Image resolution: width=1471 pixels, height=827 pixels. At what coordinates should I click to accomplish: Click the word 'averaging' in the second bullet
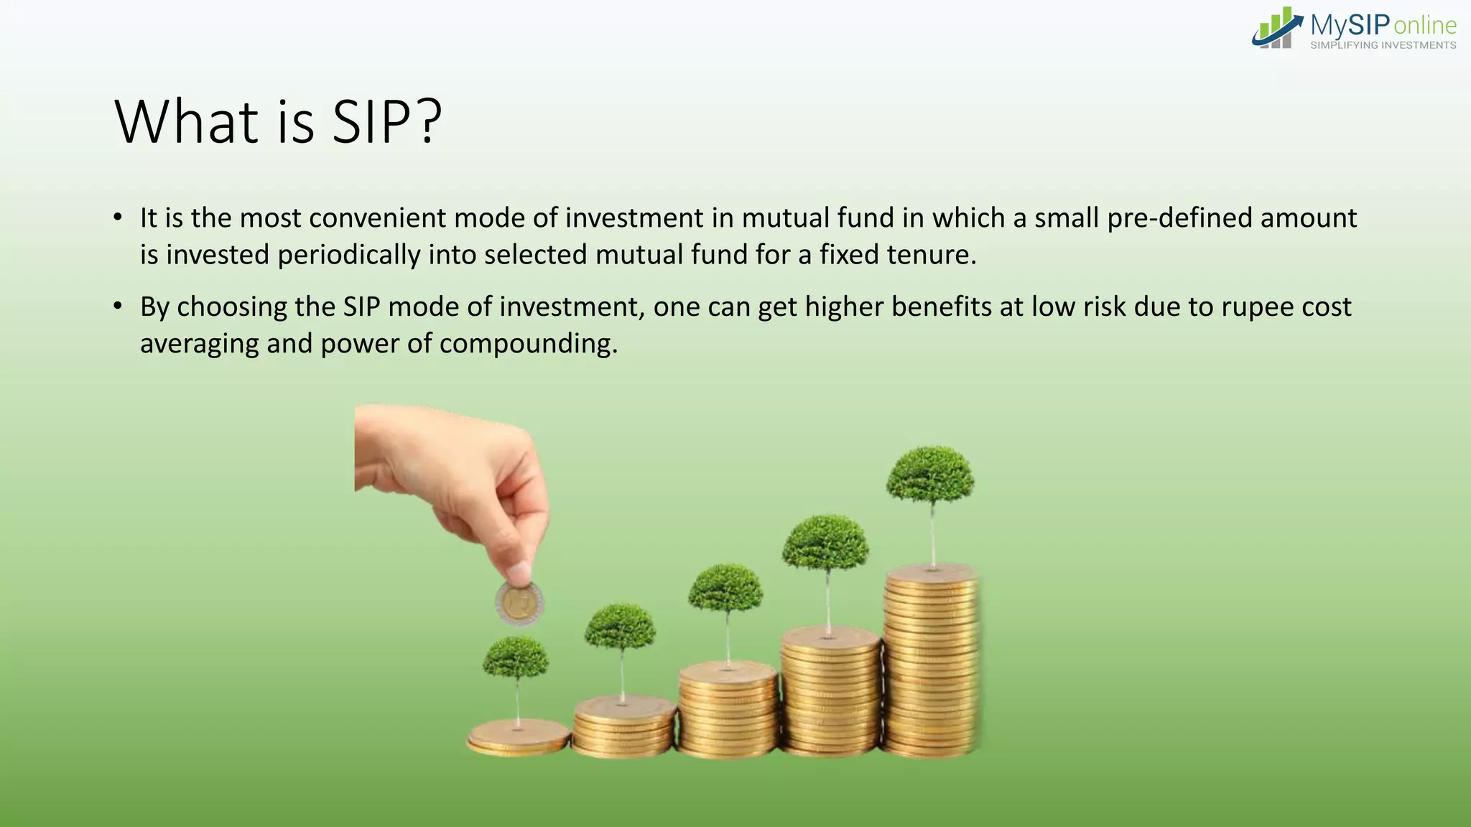tap(199, 344)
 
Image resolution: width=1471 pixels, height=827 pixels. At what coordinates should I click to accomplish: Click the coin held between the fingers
tap(519, 603)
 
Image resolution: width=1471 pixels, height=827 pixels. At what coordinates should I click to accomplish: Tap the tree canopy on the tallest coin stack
tap(930, 474)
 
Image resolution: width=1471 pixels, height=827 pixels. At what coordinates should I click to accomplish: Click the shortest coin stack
tap(519, 738)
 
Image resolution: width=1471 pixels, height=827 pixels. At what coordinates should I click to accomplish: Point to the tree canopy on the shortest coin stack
tap(516, 657)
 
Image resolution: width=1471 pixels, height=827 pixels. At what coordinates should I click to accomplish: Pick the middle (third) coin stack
tap(728, 711)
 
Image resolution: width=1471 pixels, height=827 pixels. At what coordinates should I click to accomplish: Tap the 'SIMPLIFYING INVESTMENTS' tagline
tap(1383, 45)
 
